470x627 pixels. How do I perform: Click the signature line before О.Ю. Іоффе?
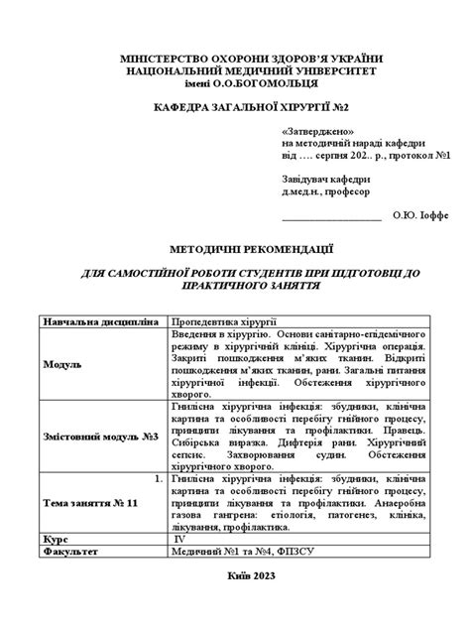[331, 215]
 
